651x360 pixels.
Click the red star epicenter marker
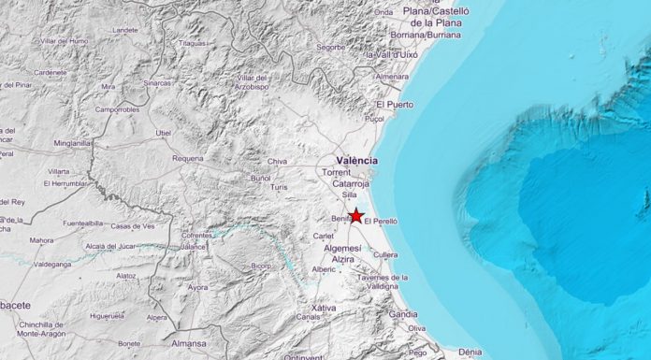click(x=356, y=215)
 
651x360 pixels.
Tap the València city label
click(x=356, y=160)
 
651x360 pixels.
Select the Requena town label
click(x=188, y=158)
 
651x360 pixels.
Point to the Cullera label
click(x=385, y=253)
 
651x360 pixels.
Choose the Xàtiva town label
click(x=323, y=307)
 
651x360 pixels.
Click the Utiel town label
click(x=164, y=133)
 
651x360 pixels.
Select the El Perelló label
click(x=381, y=221)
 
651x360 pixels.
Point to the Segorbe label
click(x=330, y=46)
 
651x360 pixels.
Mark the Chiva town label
click(x=278, y=161)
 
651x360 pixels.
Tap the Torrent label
click(x=336, y=173)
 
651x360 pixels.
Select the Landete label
click(x=125, y=29)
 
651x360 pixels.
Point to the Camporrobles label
click(x=116, y=109)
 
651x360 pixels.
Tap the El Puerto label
click(x=393, y=104)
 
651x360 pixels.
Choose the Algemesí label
click(x=340, y=248)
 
